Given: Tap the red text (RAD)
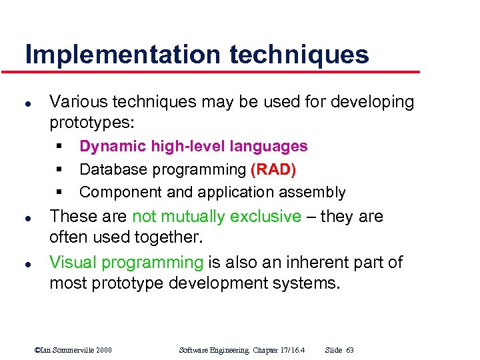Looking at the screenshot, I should click(x=273, y=169).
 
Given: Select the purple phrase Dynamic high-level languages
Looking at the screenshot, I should click(x=193, y=146).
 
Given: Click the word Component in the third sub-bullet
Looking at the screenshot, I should click(x=117, y=193).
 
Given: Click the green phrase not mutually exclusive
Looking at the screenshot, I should click(x=217, y=217).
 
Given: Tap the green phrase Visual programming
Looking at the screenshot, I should click(x=126, y=262).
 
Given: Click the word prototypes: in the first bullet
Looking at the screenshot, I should click(x=91, y=123).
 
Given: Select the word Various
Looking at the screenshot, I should click(x=79, y=102).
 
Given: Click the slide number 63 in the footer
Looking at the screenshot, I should click(x=350, y=350).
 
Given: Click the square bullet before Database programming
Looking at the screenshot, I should click(x=59, y=169).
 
